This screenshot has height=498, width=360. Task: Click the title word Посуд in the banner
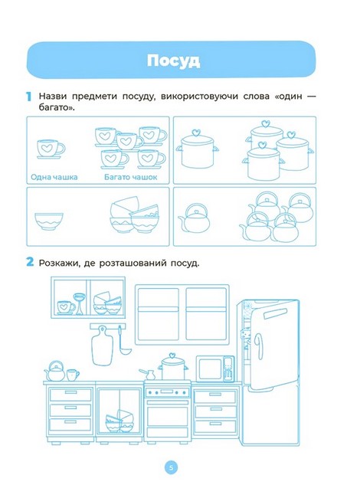pyautogui.click(x=173, y=61)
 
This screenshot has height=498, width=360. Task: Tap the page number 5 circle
pyautogui.click(x=171, y=467)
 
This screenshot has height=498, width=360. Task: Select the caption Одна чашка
pyautogui.click(x=54, y=177)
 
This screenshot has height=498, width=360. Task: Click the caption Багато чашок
pyautogui.click(x=130, y=177)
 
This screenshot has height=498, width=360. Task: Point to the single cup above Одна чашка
pyautogui.click(x=50, y=149)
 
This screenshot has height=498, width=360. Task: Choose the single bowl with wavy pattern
pyautogui.click(x=48, y=221)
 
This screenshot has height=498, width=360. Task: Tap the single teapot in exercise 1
pyautogui.click(x=195, y=218)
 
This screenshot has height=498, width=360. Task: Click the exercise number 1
pyautogui.click(x=28, y=97)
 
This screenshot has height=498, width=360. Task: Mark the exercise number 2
pyautogui.click(x=30, y=262)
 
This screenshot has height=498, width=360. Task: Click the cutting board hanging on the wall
pyautogui.click(x=102, y=346)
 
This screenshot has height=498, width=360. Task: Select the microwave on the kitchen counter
pyautogui.click(x=215, y=369)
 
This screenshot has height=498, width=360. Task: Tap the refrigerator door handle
pyautogui.click(x=260, y=346)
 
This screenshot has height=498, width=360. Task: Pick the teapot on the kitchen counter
pyautogui.click(x=55, y=371)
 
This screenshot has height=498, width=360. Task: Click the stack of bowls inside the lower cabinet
pyautogui.click(x=119, y=421)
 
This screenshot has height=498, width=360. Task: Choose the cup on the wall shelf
pyautogui.click(x=67, y=307)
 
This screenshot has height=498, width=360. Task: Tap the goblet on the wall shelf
pyautogui.click(x=79, y=304)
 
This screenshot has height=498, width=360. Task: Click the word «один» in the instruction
pyautogui.click(x=289, y=97)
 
